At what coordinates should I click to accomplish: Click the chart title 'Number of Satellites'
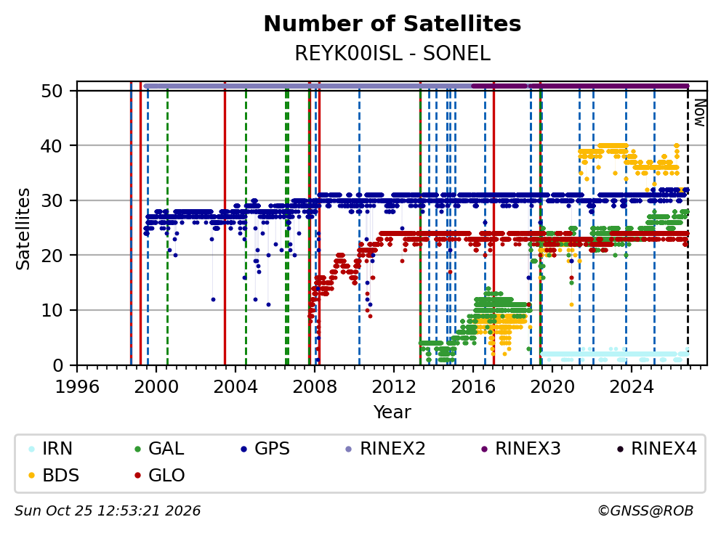[392, 24]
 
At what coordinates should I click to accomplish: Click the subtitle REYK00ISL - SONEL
[392, 54]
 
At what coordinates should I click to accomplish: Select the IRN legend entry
[50, 449]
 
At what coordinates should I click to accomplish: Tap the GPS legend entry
[265, 449]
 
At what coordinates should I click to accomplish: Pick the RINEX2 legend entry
[385, 449]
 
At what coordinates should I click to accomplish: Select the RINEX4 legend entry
[656, 449]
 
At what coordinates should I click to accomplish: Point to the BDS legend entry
[53, 475]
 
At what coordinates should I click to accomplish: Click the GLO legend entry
[160, 475]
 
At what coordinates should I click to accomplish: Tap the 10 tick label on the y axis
[52, 310]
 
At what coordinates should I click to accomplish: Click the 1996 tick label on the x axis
[77, 387]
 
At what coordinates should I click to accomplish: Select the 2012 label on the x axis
[394, 387]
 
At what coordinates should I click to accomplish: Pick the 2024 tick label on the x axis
[632, 387]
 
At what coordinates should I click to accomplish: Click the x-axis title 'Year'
[392, 412]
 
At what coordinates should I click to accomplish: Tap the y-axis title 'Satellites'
[23, 228]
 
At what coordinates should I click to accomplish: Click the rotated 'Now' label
[699, 113]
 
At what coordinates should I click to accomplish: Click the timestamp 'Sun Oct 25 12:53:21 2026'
[108, 511]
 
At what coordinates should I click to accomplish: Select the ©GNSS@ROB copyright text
[645, 511]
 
